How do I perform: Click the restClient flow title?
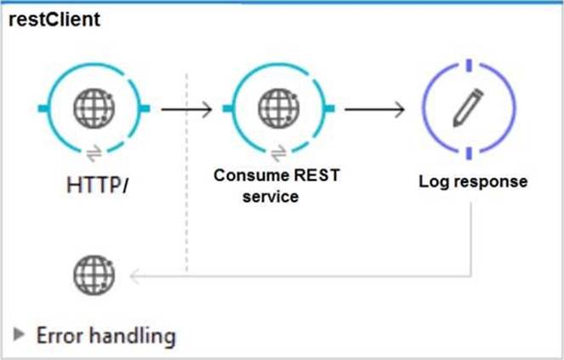pos(54,20)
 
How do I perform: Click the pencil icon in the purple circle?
pos(467,107)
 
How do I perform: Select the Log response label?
pos(473,181)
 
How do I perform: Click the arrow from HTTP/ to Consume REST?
pos(186,109)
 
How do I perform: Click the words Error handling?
pos(105,335)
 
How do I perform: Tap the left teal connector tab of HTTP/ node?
pos(42,108)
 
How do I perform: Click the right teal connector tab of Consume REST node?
pos(331,108)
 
